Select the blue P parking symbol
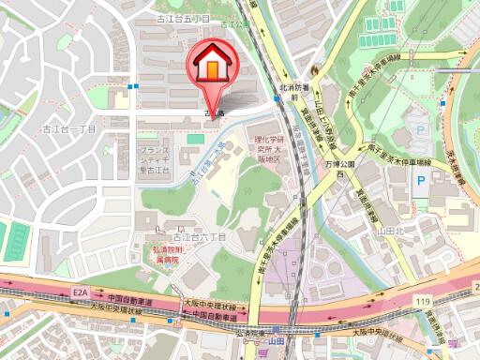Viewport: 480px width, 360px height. (x=421, y=179)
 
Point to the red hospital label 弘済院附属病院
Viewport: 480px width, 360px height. (x=166, y=255)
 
